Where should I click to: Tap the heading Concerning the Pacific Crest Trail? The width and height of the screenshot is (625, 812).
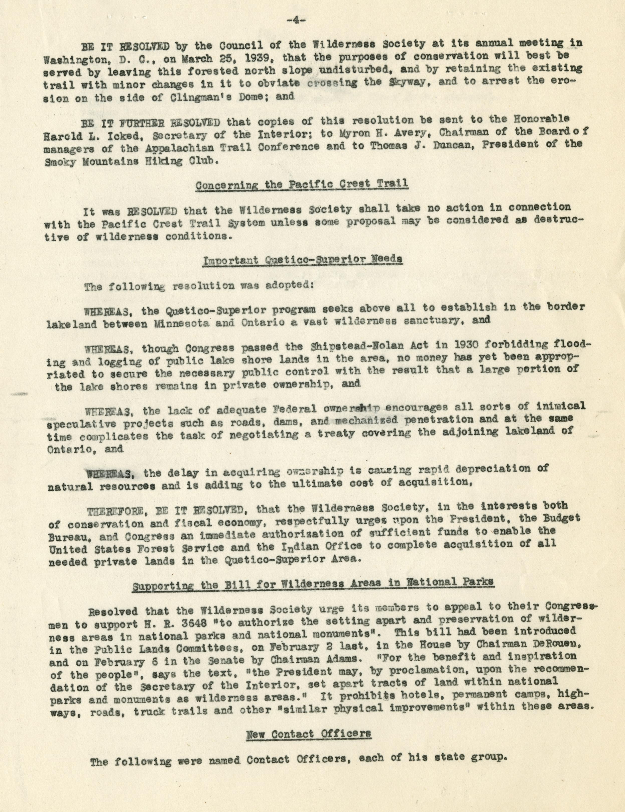(302, 184)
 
